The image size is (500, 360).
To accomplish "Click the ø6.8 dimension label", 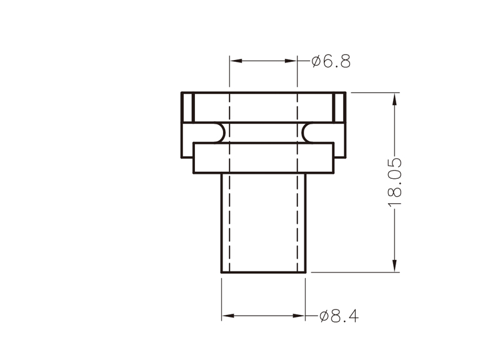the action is click(331, 61).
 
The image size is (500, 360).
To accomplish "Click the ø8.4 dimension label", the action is click(339, 316).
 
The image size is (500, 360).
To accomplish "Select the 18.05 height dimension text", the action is click(395, 182).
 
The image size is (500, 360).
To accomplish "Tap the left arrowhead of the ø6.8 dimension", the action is click(236, 61).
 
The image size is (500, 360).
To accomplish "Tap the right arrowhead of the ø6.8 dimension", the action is click(291, 61).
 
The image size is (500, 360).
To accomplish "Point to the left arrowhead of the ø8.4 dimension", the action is click(228, 316).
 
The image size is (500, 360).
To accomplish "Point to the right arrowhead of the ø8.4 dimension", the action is click(299, 316).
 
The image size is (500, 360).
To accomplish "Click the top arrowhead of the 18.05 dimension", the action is click(395, 99).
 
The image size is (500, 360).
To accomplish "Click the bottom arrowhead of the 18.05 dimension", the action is click(395, 266).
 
